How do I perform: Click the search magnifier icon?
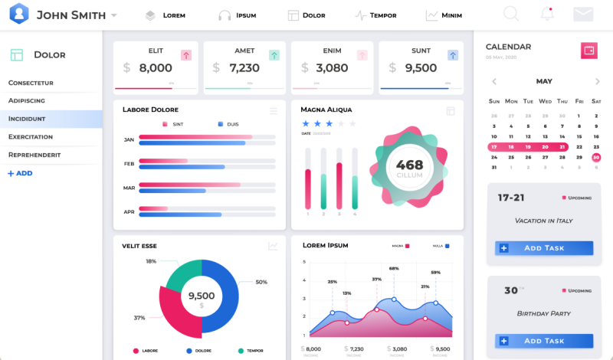point(511,14)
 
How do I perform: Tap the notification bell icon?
point(547,14)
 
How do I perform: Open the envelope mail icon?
point(583,14)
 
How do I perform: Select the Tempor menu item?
point(375,15)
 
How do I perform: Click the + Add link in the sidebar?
point(20,173)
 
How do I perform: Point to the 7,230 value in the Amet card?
point(244,68)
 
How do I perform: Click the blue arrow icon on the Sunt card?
point(453,55)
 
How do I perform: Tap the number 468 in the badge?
point(409,164)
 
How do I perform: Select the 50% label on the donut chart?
point(261,282)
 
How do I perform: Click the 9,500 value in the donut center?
point(202,296)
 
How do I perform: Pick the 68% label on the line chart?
point(394,269)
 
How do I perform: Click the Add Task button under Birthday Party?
point(544,341)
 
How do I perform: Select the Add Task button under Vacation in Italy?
point(544,248)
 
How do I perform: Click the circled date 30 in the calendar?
point(596,157)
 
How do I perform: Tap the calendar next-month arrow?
point(597,81)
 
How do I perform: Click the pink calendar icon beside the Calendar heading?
point(589,51)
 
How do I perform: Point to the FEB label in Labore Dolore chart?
point(129,164)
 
